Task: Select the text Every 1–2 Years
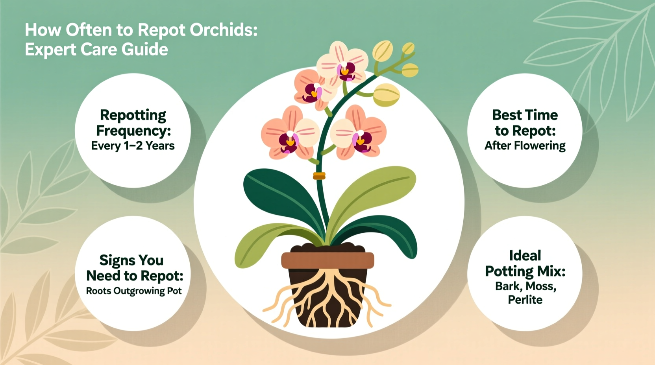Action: point(133,146)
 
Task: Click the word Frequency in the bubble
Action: point(133,131)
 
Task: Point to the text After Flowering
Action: point(525,146)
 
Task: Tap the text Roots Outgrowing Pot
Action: point(134,291)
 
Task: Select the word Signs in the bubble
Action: point(115,260)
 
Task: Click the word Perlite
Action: point(525,300)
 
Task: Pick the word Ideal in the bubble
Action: point(525,256)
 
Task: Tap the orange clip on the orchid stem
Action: point(319,176)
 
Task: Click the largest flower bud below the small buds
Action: point(386,95)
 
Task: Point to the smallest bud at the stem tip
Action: point(408,48)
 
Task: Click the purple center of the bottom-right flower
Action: point(361,140)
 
